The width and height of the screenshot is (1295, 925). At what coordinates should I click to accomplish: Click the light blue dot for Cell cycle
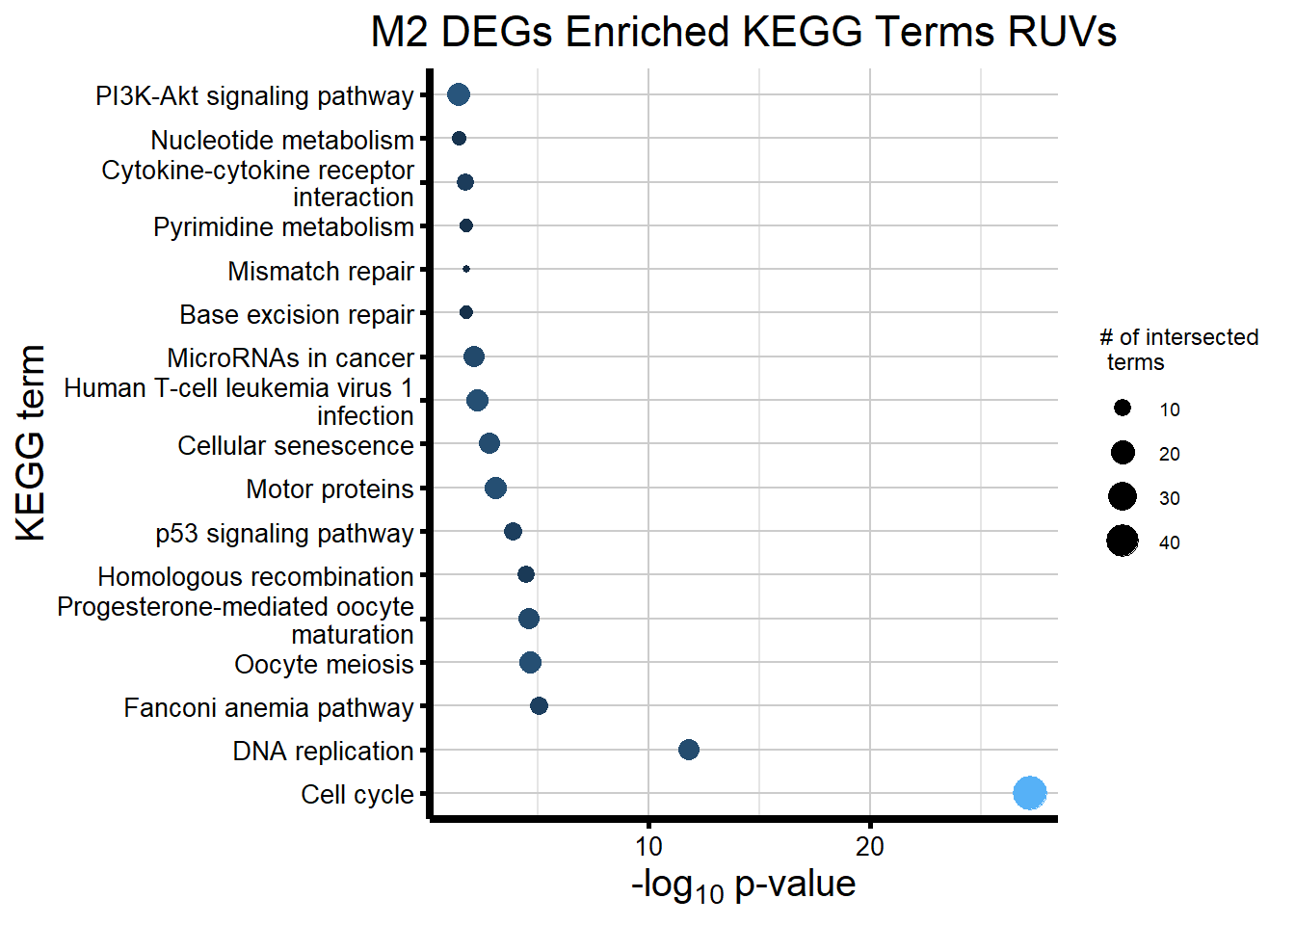[1029, 793]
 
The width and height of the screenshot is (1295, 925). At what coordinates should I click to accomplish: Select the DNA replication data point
[688, 750]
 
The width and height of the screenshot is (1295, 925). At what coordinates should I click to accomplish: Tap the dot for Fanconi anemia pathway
[539, 706]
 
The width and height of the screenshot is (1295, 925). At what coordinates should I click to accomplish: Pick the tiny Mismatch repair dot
[466, 269]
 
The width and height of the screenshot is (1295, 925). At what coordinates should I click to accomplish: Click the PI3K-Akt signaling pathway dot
[459, 94]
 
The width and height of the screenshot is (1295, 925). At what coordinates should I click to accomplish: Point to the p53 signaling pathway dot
[513, 531]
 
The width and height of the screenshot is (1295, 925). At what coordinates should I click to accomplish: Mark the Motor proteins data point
[495, 489]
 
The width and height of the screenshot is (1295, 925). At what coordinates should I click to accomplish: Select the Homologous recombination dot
[525, 574]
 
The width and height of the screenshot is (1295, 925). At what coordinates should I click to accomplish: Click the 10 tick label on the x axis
[648, 847]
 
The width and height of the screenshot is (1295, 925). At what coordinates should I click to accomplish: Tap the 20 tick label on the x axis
[869, 847]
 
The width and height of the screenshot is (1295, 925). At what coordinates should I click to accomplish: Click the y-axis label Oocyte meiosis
[324, 665]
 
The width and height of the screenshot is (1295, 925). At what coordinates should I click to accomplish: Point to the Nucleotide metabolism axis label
[282, 140]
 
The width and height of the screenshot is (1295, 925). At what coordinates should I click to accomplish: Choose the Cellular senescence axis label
[296, 446]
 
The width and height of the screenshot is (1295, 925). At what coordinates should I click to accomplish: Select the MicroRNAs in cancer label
[290, 358]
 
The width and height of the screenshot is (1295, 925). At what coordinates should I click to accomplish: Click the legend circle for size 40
[1123, 542]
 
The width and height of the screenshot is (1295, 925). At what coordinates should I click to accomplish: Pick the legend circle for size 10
[1123, 409]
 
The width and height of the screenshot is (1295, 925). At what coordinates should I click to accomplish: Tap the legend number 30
[1169, 498]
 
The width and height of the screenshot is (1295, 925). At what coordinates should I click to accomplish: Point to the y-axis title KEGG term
[31, 443]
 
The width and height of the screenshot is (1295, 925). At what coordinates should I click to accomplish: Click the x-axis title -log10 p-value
[743, 885]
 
